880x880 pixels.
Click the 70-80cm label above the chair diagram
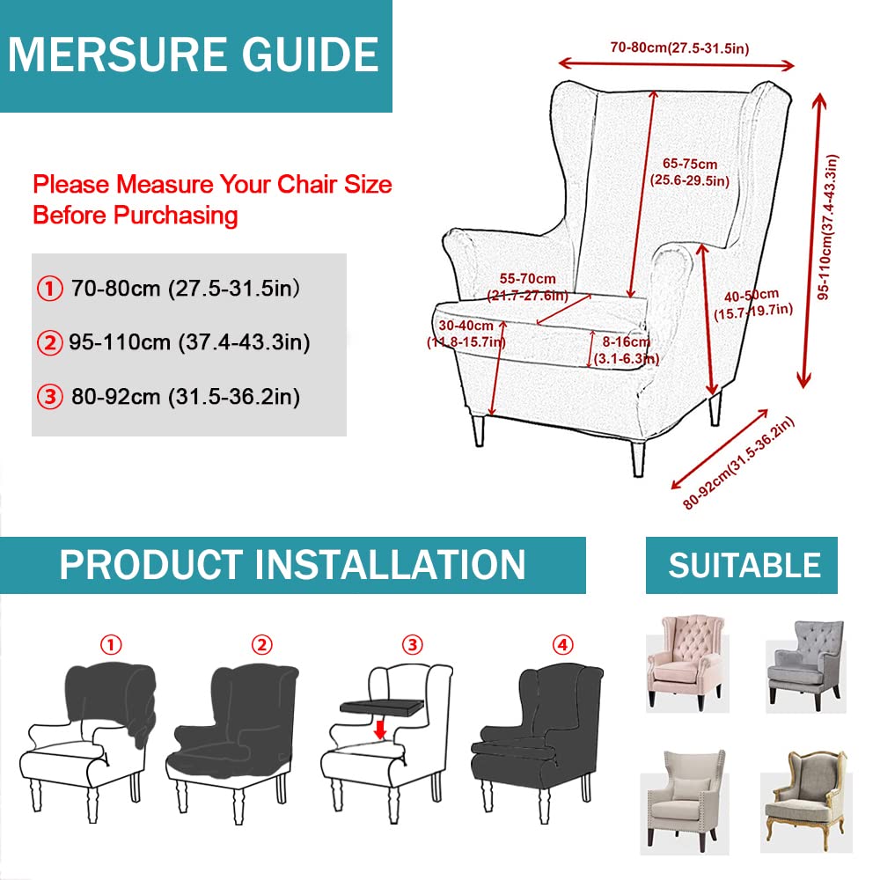[678, 48]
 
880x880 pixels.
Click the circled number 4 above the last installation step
[563, 645]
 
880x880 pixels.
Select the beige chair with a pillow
[686, 790]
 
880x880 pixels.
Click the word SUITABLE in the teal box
[744, 565]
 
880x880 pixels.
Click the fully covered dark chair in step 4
[539, 735]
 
